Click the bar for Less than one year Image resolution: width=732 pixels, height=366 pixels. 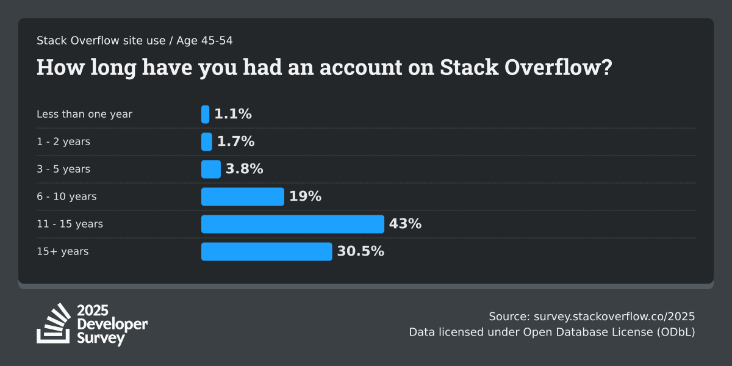pyautogui.click(x=206, y=114)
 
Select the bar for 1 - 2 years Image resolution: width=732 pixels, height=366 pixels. pyautogui.click(x=207, y=142)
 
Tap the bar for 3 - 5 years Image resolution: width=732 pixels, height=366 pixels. pyautogui.click(x=211, y=169)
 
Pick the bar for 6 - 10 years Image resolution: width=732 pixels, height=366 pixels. pyautogui.click(x=243, y=196)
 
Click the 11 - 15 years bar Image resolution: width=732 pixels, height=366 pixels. pyautogui.click(x=293, y=224)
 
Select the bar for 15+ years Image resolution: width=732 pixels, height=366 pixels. pyautogui.click(x=267, y=251)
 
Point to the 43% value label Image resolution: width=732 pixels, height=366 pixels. pyautogui.click(x=405, y=224)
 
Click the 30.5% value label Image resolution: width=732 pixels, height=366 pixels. pyautogui.click(x=361, y=251)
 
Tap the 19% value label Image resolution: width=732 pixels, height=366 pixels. pyautogui.click(x=305, y=196)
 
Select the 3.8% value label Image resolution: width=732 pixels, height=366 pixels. pyautogui.click(x=244, y=169)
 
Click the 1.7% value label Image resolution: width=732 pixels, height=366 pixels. pyautogui.click(x=235, y=142)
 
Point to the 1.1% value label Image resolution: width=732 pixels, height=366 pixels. pyautogui.click(x=233, y=114)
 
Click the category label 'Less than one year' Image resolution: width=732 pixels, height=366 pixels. pyautogui.click(x=84, y=114)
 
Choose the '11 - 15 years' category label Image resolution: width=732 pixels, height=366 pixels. pyautogui.click(x=70, y=224)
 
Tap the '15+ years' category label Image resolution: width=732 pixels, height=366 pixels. pyautogui.click(x=62, y=251)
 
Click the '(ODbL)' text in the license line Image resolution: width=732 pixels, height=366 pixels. pyautogui.click(x=675, y=332)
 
